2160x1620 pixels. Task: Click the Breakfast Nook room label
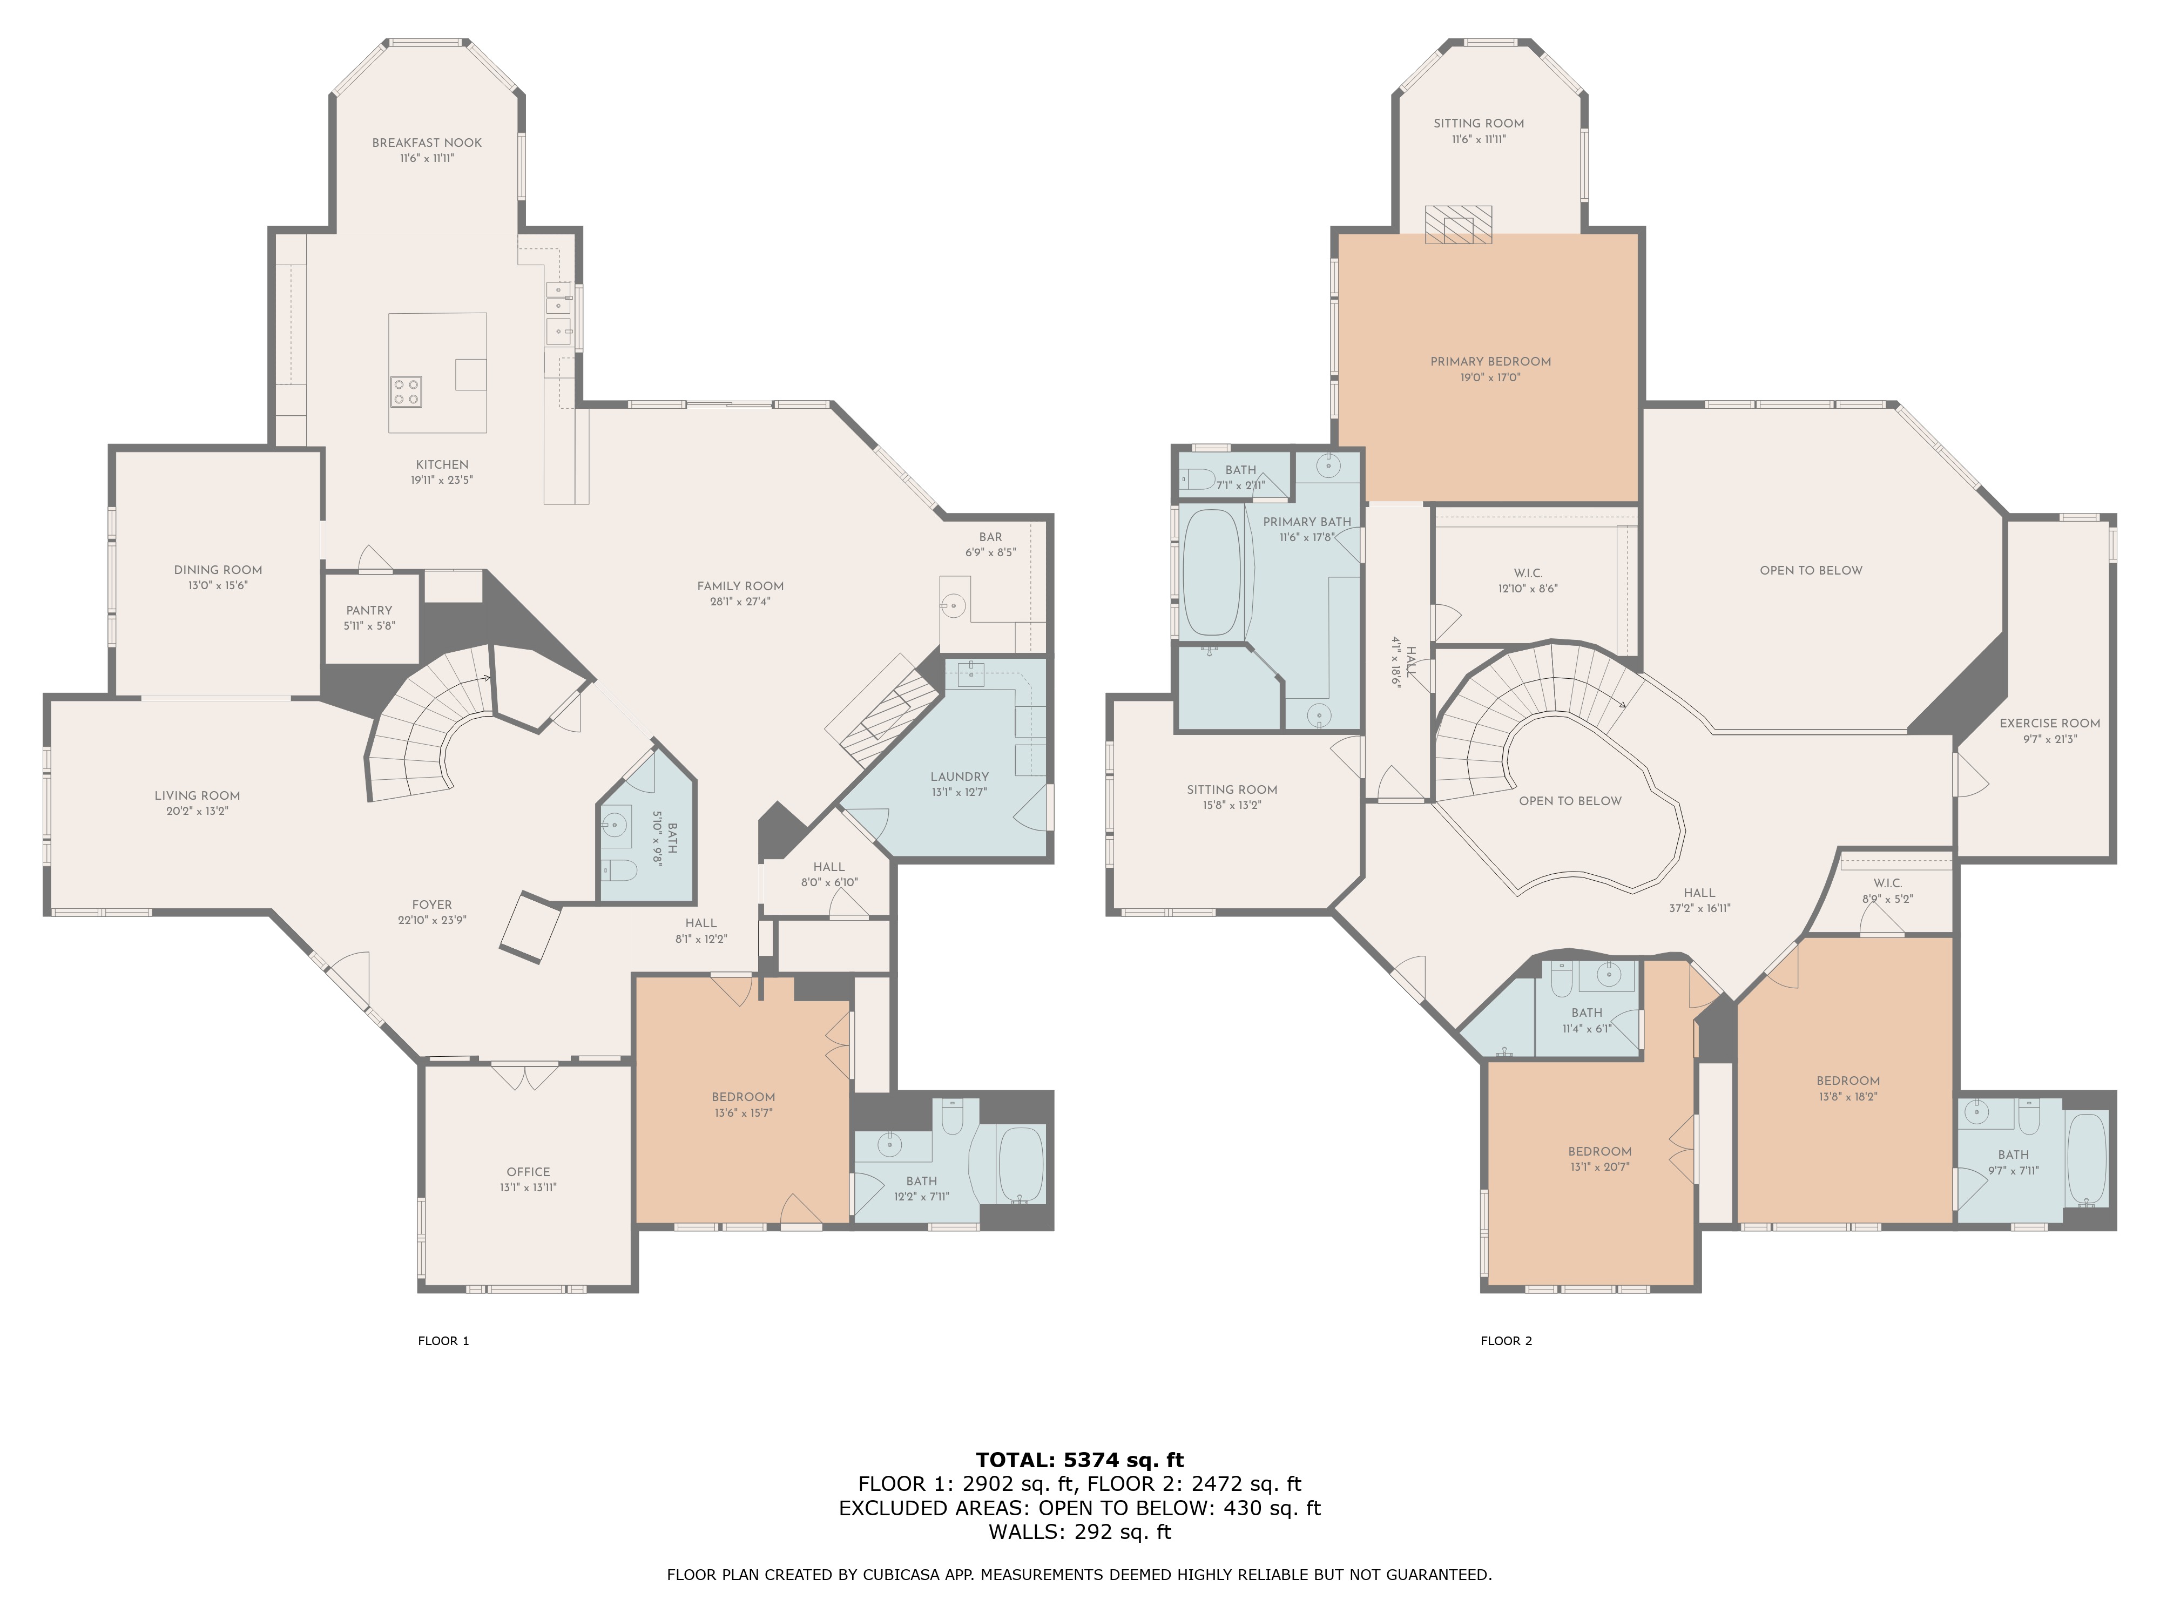click(427, 143)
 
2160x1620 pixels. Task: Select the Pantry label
click(369, 610)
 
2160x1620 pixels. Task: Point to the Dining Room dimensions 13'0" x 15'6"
click(218, 586)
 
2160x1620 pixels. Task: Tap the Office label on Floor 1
click(528, 1172)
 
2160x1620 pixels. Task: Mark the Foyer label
click(431, 905)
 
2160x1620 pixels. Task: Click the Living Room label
click(197, 796)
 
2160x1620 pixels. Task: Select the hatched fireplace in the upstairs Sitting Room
click(1458, 225)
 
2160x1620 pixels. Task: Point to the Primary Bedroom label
click(1490, 361)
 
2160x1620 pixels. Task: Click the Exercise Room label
click(2050, 724)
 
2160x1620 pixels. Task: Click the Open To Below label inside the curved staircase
click(1570, 801)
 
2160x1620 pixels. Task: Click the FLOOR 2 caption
click(1506, 1341)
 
